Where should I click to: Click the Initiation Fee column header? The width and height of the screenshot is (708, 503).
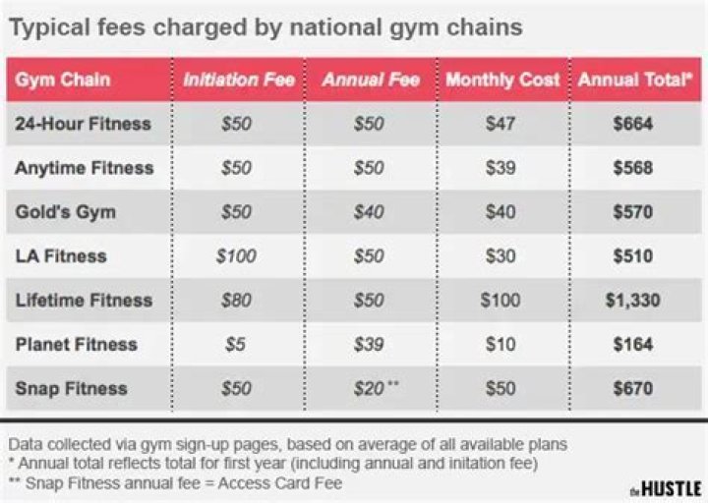[238, 80]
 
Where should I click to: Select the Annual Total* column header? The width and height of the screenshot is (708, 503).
[634, 80]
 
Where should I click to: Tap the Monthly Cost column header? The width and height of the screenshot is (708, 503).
[501, 80]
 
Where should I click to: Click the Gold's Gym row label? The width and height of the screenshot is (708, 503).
[65, 212]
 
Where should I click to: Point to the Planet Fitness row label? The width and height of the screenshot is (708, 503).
[76, 345]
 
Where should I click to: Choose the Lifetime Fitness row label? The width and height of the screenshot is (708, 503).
[83, 301]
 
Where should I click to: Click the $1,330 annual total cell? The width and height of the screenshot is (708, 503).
[634, 301]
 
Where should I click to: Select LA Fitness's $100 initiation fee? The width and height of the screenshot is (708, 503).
[236, 256]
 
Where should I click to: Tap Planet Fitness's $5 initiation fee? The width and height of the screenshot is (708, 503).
[236, 345]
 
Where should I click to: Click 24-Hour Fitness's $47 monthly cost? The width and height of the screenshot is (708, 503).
[501, 124]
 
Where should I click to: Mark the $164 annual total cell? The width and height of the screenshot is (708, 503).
[634, 345]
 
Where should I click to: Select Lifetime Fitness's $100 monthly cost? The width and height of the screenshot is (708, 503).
[501, 301]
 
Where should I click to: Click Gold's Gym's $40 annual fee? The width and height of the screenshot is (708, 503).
[370, 212]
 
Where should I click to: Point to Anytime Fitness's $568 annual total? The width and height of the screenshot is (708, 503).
[634, 168]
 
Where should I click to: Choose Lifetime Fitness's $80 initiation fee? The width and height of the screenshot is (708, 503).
[236, 301]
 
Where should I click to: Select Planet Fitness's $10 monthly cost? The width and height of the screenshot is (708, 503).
[501, 345]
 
